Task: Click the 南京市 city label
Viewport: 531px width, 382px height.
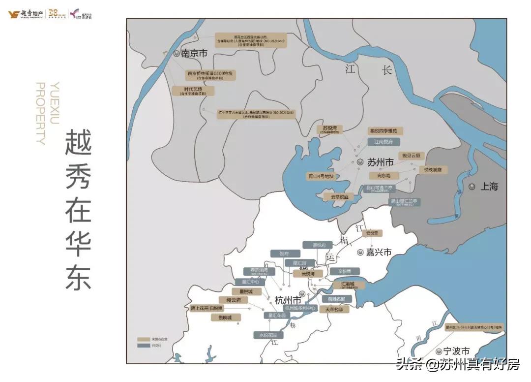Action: click(194, 54)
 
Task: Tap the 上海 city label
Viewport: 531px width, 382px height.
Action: click(490, 187)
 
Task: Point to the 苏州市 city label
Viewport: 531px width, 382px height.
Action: click(380, 162)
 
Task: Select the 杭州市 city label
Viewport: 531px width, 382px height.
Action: click(288, 300)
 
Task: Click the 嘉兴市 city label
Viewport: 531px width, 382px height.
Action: click(379, 252)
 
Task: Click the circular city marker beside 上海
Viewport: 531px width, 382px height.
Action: click(472, 187)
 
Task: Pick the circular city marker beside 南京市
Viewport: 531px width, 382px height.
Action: click(177, 54)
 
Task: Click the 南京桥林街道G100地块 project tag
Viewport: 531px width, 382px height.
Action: click(210, 75)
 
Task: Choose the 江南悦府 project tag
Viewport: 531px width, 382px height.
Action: click(383, 142)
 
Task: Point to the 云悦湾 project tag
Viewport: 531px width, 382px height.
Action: click(308, 273)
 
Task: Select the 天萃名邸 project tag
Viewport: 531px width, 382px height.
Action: click(334, 310)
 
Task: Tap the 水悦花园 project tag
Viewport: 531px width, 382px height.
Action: click(268, 335)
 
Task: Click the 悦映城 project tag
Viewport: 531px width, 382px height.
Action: click(226, 318)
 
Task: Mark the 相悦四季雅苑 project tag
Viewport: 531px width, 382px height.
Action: click(386, 131)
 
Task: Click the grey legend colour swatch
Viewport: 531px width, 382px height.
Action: click(144, 346)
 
